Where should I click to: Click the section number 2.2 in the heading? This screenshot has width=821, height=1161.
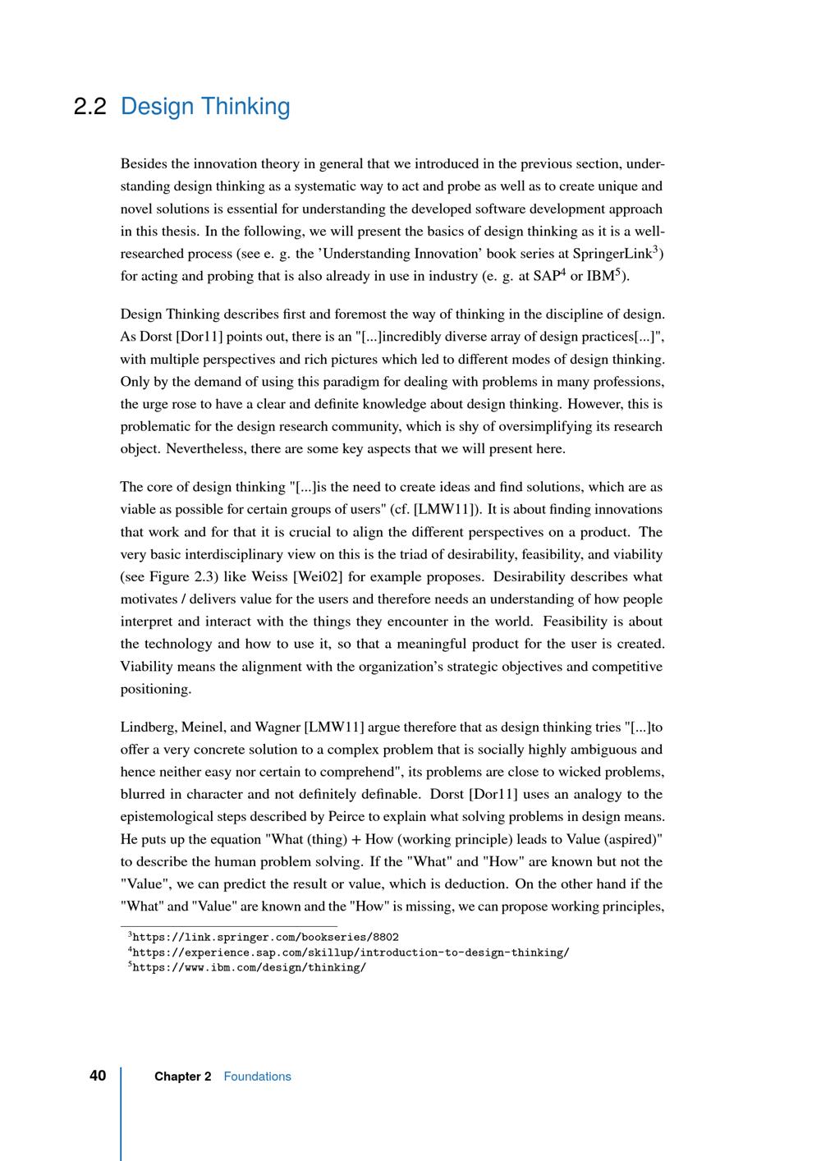(89, 107)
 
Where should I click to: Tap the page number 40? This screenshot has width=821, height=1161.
(98, 1076)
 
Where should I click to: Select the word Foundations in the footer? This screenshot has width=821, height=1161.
(257, 1076)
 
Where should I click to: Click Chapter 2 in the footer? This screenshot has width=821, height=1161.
(182, 1076)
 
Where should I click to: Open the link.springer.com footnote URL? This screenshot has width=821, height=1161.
(265, 937)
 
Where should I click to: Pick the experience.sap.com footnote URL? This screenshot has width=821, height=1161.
(351, 952)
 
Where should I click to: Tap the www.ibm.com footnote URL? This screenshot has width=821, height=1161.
(249, 967)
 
